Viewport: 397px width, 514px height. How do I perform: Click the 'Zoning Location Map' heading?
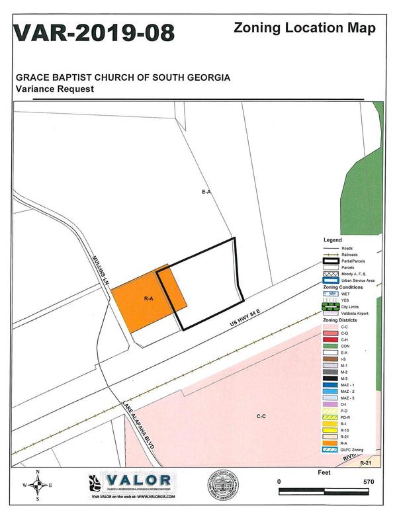click(305, 28)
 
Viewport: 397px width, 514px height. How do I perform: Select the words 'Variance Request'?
click(55, 88)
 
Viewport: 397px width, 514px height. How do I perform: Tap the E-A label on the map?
click(206, 191)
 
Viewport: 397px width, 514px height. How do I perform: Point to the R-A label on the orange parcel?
click(149, 299)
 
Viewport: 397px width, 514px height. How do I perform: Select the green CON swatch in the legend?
click(331, 345)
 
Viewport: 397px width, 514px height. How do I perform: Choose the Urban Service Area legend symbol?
click(331, 280)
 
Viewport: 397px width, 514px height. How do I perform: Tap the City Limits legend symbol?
click(331, 306)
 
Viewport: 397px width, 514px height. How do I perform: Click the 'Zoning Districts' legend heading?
click(340, 320)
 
